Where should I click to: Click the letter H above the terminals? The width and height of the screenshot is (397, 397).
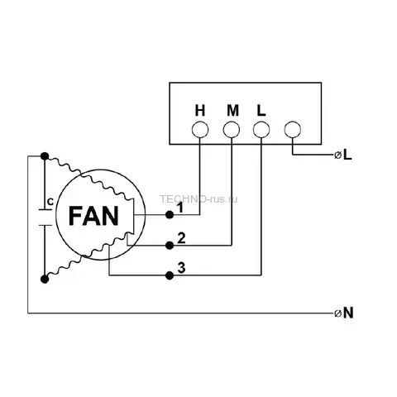200,111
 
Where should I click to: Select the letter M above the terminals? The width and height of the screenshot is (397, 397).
233,111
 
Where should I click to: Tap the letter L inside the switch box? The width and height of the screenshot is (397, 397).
261,111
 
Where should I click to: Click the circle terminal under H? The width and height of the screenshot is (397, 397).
200,130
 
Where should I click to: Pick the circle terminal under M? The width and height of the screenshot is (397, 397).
232,130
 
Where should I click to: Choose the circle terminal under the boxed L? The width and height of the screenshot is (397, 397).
261,130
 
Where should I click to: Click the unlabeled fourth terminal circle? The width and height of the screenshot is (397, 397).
293,129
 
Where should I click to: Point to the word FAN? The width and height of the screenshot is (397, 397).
93,216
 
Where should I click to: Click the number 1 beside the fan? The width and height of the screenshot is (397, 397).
180,208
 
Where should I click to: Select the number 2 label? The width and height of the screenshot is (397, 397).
181,238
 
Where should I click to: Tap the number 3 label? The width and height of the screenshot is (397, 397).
181,268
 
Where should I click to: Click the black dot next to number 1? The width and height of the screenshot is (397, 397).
170,215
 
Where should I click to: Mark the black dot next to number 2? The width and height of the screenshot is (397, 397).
170,245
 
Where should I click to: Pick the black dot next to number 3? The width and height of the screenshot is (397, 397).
170,275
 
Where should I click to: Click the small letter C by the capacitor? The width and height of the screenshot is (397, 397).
50,202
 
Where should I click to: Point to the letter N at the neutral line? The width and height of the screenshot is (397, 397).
348,313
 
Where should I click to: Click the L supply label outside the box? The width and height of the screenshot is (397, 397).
347,155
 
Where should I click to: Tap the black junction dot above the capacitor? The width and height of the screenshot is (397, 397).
45,156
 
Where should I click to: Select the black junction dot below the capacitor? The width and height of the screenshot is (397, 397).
45,280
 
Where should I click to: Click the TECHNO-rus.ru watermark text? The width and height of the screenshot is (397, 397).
198,199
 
